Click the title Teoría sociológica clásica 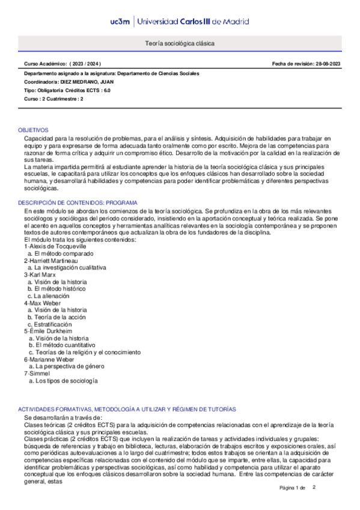click(180, 44)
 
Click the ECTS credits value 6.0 click(106, 90)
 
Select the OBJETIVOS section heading click(34, 130)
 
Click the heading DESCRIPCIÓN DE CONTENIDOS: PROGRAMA click(78, 203)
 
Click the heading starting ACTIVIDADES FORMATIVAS click(127, 408)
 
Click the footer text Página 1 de click(293, 487)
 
